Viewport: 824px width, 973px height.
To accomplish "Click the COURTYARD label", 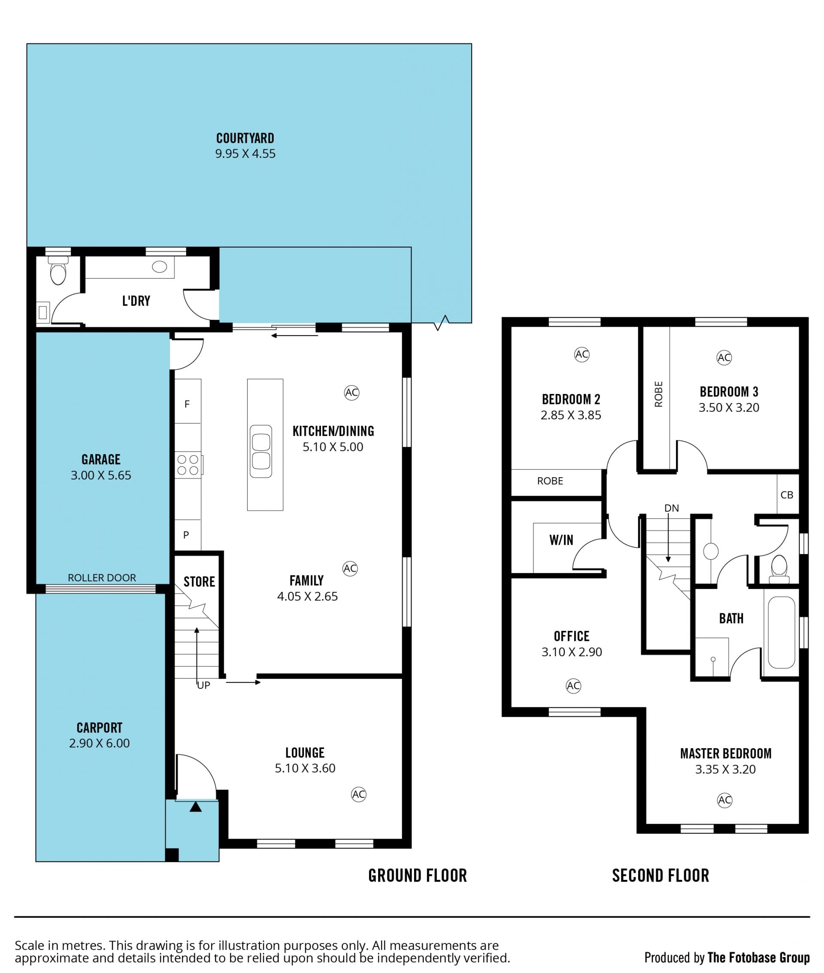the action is point(245,138).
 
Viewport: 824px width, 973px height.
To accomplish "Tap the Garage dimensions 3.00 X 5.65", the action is point(101,475).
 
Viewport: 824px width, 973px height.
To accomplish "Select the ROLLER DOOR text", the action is point(102,577).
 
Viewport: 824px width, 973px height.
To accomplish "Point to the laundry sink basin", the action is point(160,267).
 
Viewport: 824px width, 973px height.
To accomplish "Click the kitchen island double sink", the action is point(261,451).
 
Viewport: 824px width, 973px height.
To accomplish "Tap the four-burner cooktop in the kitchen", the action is point(188,465).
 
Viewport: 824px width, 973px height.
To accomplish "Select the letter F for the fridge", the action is point(187,404).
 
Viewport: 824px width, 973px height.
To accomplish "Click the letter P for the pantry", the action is point(186,535).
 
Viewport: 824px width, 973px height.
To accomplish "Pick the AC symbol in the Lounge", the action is point(359,794).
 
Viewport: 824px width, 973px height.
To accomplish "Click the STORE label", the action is point(200,582).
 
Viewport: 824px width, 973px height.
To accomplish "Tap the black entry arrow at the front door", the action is point(196,807).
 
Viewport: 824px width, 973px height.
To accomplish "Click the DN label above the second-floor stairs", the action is point(672,508).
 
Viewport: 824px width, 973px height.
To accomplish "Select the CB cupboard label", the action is point(787,495).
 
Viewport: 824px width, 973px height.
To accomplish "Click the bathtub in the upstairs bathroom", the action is point(782,633).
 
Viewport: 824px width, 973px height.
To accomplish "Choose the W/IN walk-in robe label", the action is point(561,540).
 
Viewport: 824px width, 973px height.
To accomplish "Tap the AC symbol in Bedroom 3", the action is point(724,358).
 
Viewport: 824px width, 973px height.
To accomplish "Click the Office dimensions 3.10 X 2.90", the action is point(572,652).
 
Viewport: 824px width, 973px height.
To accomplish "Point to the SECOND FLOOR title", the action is point(660,876).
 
